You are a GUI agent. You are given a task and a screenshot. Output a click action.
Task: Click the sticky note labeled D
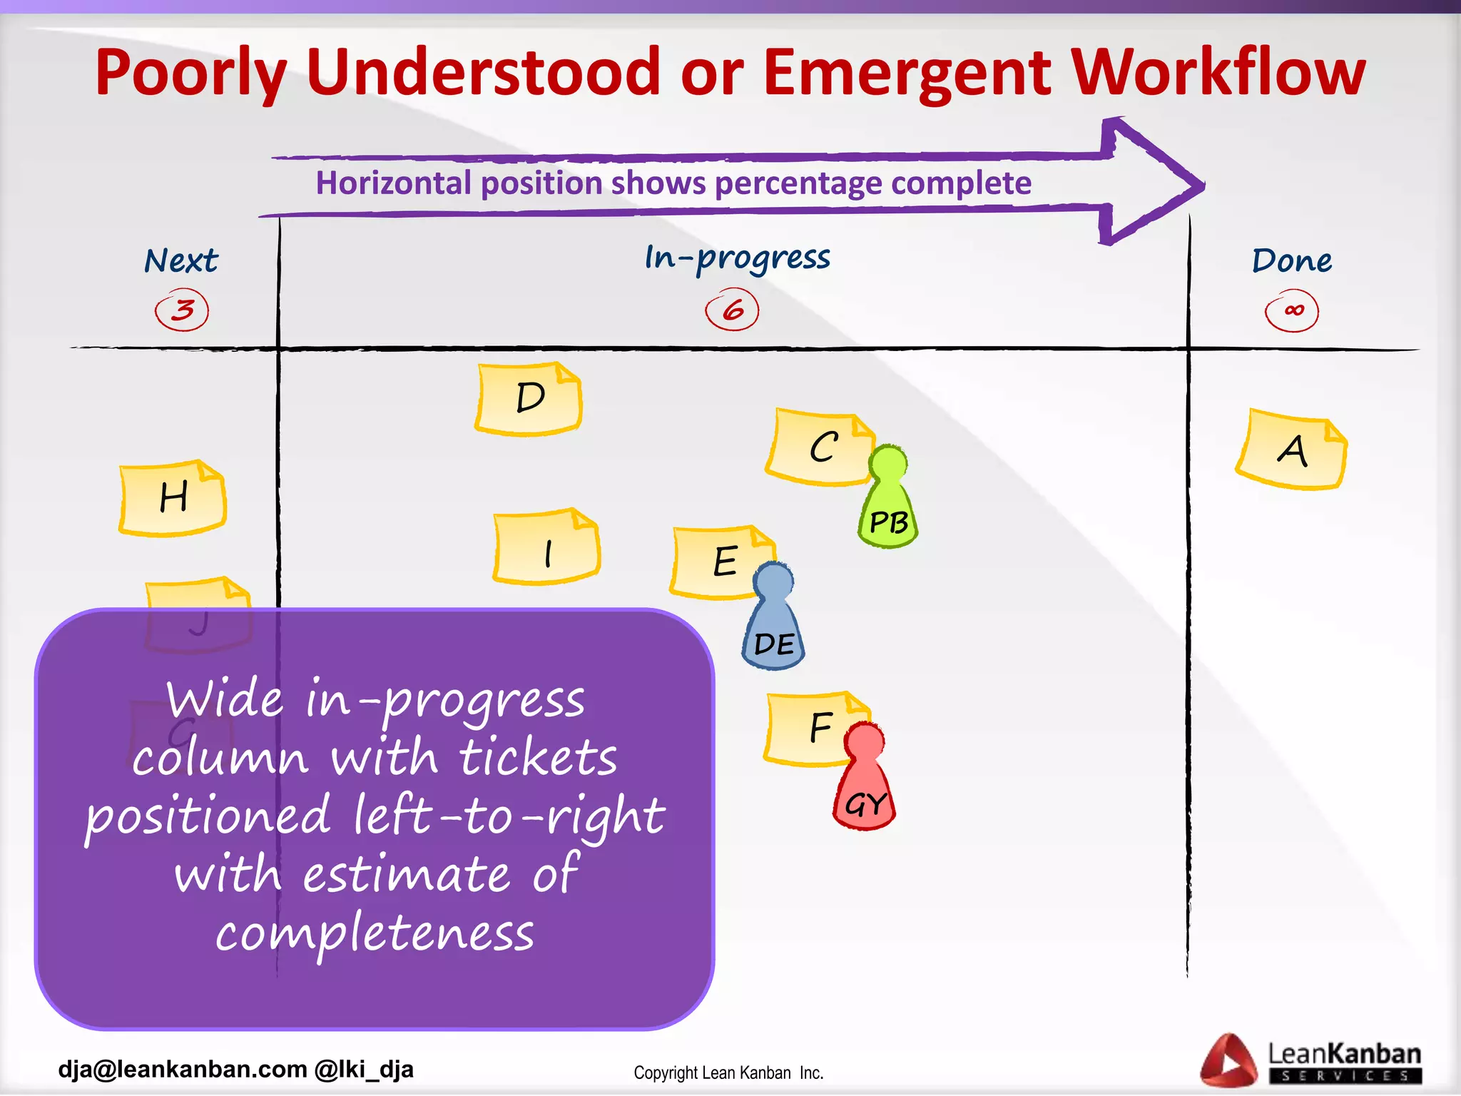tap(529, 399)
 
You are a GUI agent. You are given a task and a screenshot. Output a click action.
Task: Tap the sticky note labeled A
tap(1291, 450)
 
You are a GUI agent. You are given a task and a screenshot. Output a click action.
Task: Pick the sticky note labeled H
tap(173, 498)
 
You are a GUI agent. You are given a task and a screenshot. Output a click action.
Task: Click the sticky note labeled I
tap(546, 548)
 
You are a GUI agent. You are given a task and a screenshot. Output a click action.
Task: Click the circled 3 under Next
tap(182, 310)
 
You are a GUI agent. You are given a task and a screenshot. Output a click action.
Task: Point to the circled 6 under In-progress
tap(732, 310)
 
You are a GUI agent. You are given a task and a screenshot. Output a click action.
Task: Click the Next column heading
tap(181, 260)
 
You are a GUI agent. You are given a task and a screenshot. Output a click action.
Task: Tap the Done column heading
tap(1292, 260)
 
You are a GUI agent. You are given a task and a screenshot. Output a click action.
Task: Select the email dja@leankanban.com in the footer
tap(183, 1070)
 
